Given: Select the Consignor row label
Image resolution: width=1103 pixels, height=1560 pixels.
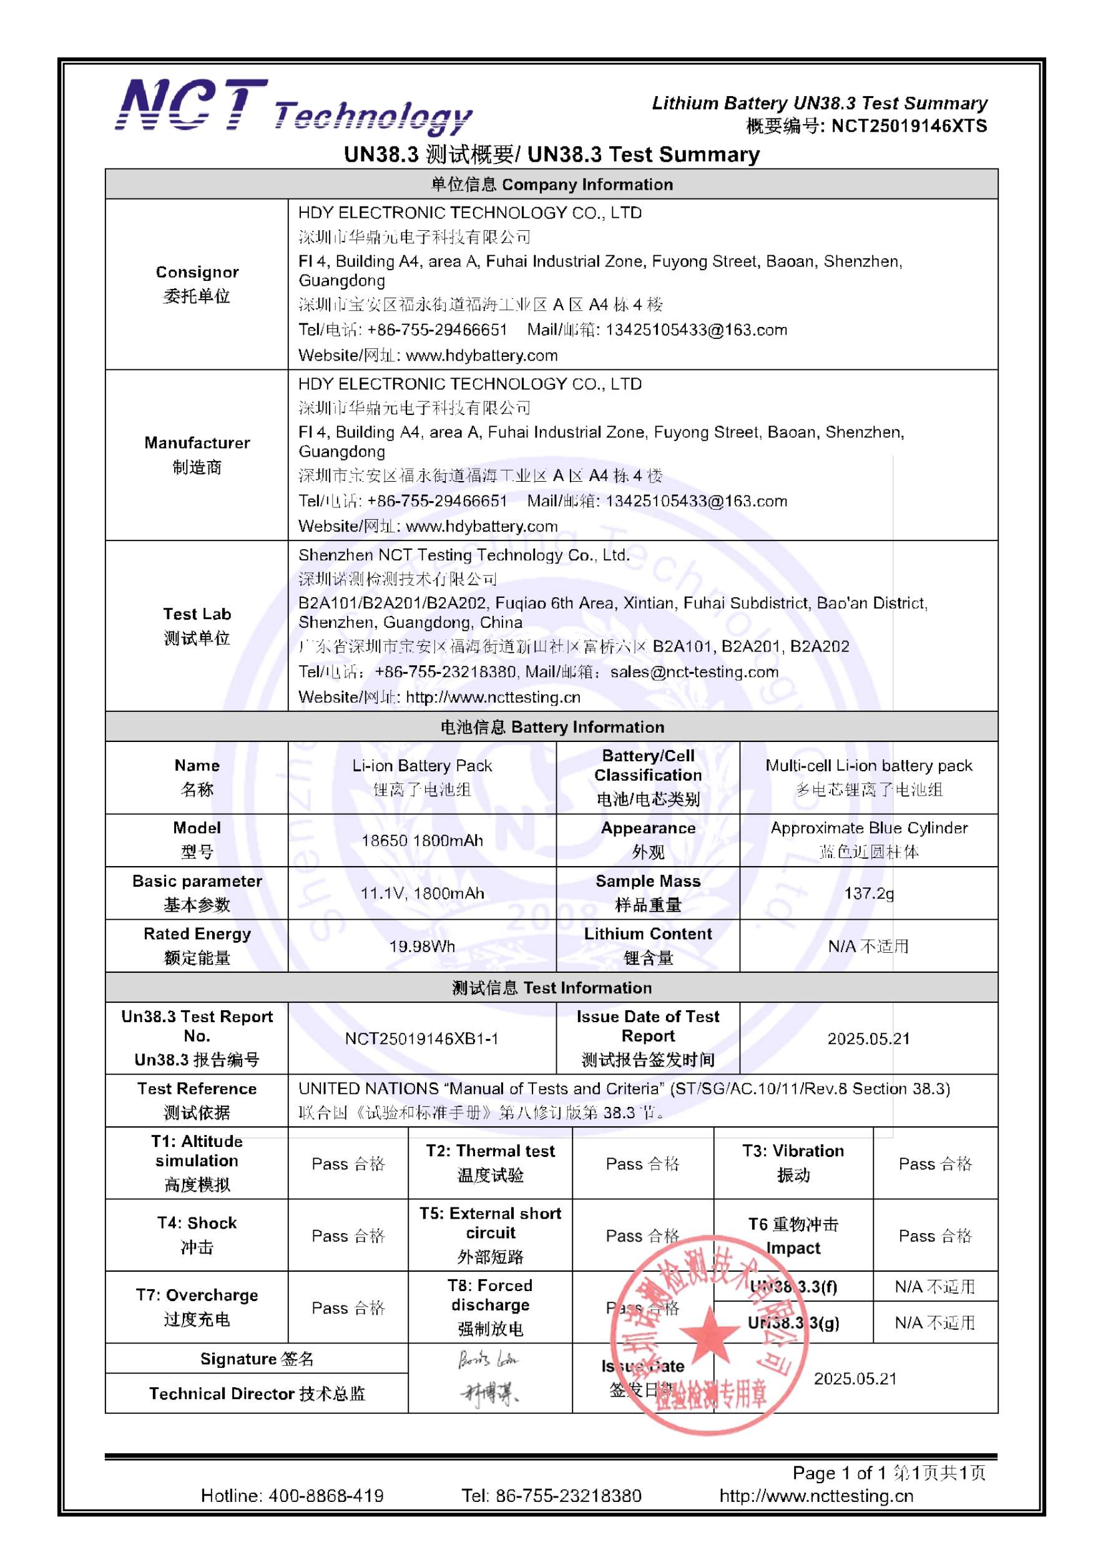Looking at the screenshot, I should tap(197, 284).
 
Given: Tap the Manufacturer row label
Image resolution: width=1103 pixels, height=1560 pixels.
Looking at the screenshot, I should tap(197, 454).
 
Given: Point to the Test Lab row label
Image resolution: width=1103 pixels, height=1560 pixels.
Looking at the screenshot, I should tap(197, 626).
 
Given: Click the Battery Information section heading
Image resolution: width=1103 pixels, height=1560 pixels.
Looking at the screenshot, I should tap(552, 727).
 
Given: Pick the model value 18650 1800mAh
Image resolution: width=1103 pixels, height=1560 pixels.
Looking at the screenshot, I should tap(422, 841).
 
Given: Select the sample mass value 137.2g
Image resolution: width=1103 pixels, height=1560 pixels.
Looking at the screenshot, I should tap(868, 893).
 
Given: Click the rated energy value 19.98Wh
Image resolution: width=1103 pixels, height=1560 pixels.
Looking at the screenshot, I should tap(422, 946).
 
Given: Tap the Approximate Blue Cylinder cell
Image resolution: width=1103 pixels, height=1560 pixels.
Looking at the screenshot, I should tap(868, 840).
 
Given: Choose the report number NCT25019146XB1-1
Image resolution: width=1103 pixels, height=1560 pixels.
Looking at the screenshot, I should tap(422, 1038).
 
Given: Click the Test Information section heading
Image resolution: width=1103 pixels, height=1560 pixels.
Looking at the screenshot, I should tap(552, 987).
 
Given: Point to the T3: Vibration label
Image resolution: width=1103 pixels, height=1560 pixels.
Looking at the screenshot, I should tap(793, 1163).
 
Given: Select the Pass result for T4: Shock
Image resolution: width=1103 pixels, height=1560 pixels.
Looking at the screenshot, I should tap(348, 1236).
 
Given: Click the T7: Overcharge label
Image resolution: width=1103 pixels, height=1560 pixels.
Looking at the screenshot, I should tap(197, 1307).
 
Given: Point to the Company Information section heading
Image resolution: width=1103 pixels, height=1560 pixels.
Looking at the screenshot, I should tap(552, 184).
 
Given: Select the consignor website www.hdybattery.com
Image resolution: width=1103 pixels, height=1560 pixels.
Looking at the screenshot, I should tap(481, 355).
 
